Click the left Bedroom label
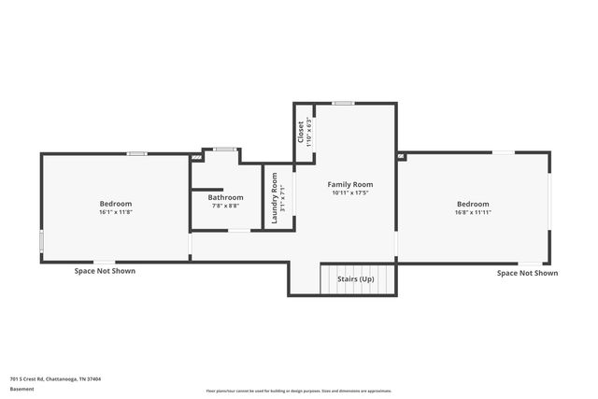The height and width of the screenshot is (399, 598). (x=116, y=204)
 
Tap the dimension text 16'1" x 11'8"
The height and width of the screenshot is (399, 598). (x=116, y=212)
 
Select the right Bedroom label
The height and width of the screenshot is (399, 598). (x=473, y=204)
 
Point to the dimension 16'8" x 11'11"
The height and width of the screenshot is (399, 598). (x=473, y=212)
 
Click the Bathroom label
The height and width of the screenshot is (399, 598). (x=226, y=197)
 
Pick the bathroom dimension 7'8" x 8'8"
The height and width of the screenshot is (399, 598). (x=226, y=205)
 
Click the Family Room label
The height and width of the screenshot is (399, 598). (x=350, y=184)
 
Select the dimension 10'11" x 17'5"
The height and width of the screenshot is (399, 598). (x=350, y=192)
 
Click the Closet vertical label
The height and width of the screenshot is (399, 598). (x=301, y=131)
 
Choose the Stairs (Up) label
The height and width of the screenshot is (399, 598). (x=355, y=278)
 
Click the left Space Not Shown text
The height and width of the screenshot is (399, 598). (x=105, y=271)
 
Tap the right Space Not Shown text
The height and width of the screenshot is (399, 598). (x=527, y=273)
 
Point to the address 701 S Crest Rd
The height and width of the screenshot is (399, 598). (x=55, y=378)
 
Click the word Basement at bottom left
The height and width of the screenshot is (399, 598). (x=21, y=388)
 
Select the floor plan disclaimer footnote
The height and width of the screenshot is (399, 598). (x=298, y=391)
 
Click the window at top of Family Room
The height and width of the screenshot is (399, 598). (x=344, y=103)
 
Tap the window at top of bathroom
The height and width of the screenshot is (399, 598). (x=223, y=149)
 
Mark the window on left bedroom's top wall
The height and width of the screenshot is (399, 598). (x=137, y=153)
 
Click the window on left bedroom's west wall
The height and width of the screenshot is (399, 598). (x=40, y=241)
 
